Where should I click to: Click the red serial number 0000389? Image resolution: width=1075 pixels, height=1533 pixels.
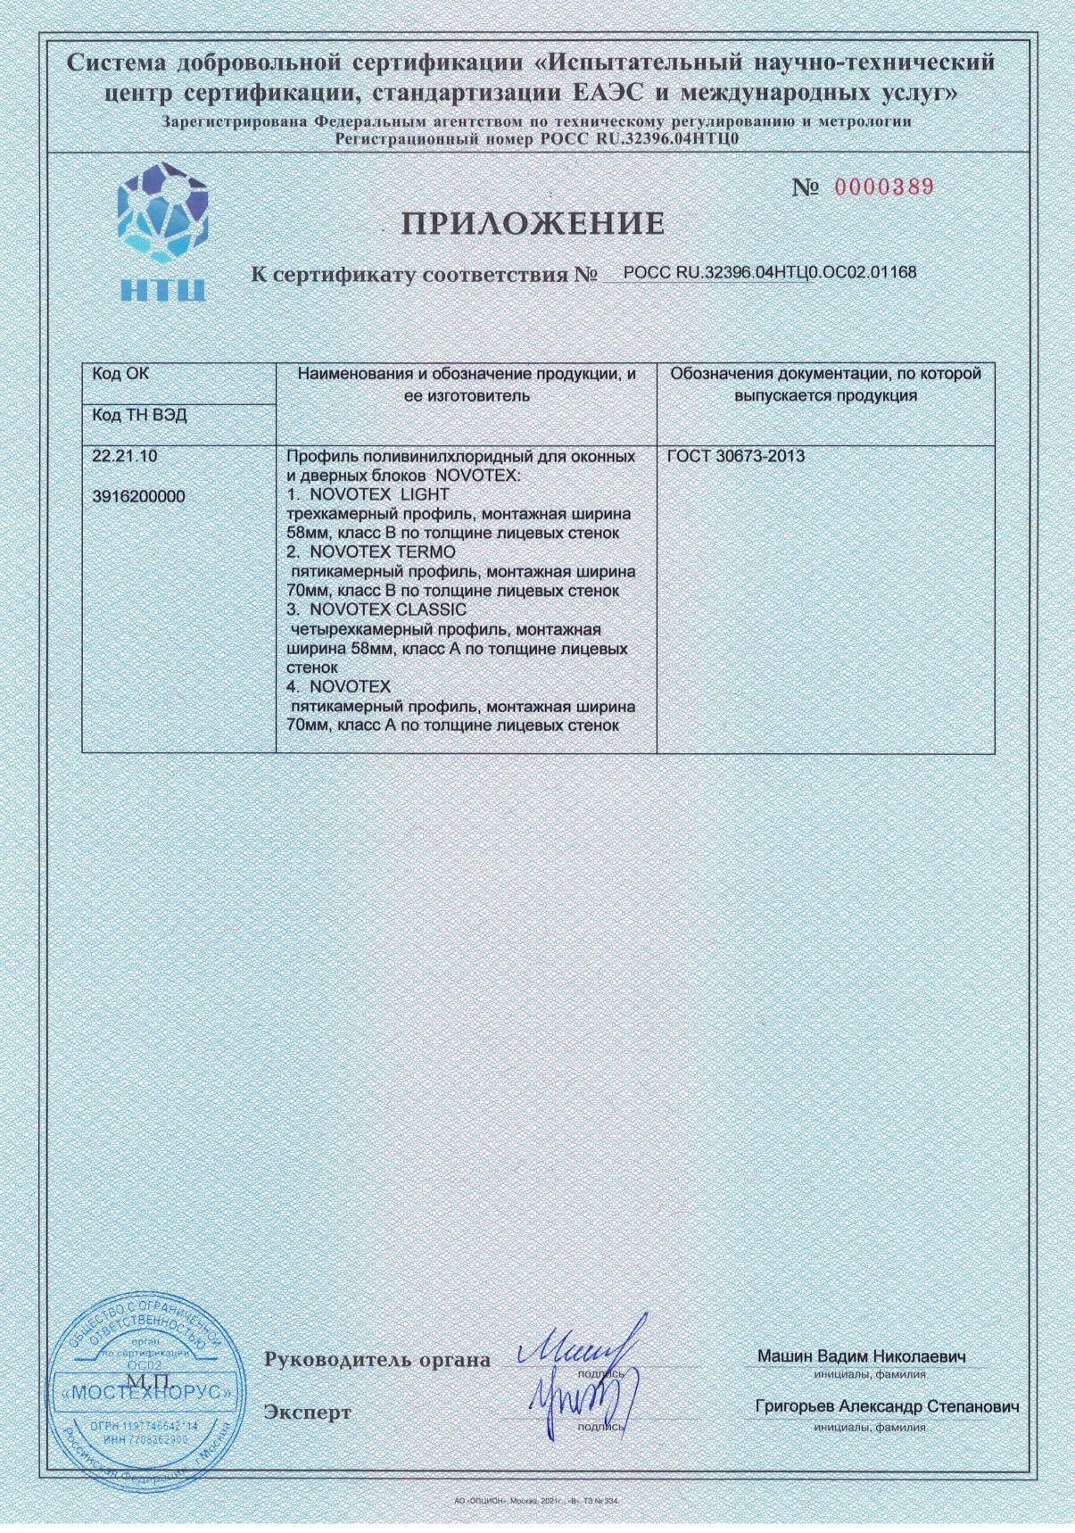pos(883,186)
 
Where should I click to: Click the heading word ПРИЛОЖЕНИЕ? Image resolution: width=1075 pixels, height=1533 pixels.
pos(533,224)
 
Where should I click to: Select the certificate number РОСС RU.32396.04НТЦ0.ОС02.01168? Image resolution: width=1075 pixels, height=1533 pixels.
pos(769,272)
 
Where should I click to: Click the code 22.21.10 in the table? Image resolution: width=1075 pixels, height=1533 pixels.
pos(125,456)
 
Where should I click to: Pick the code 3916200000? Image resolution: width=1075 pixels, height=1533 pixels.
pos(138,497)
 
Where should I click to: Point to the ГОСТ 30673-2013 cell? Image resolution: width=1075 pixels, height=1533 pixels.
pos(736,457)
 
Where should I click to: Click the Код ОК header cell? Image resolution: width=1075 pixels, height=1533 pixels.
pos(121,375)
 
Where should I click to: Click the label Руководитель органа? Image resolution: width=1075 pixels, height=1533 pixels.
pos(376,1360)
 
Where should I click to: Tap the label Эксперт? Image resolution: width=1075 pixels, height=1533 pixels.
pos(308,1413)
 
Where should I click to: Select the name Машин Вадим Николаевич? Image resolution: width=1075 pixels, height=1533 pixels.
pos(862,1356)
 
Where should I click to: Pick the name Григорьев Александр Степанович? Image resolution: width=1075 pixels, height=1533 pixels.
pos(887,1407)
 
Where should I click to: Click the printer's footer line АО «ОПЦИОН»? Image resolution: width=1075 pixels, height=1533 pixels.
pos(535,1502)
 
